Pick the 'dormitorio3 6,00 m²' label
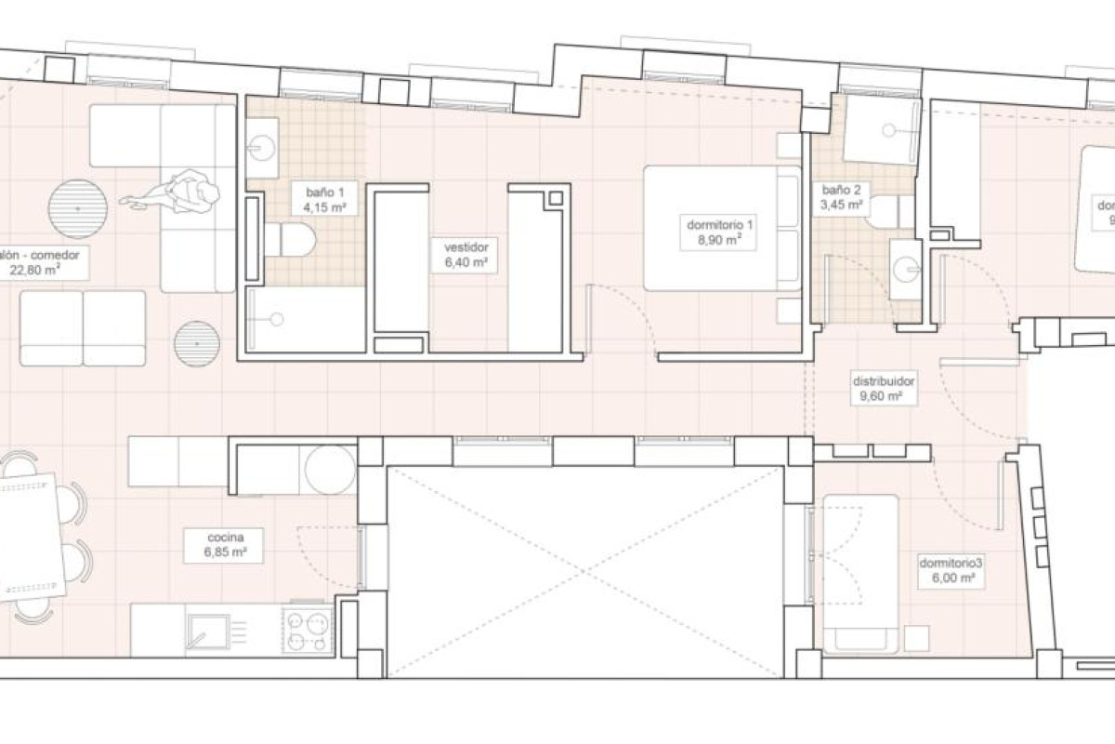point(950,569)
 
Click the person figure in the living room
point(181,194)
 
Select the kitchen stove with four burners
point(308,631)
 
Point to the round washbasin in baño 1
point(262,147)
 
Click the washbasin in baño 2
point(904,269)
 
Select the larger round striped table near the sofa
point(78,208)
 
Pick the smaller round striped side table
point(197,344)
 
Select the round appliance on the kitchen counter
point(330,470)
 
